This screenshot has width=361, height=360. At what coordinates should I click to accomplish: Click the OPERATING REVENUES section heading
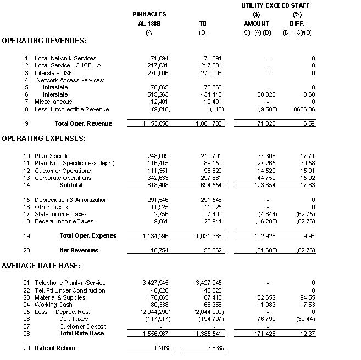pos(45,41)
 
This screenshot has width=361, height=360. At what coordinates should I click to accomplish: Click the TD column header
pos(203,24)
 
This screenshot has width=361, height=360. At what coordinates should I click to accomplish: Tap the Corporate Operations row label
pos(62,178)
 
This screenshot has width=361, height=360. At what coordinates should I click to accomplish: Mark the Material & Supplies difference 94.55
pos(306,297)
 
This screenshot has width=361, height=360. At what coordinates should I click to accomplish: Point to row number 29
pos(25,348)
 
